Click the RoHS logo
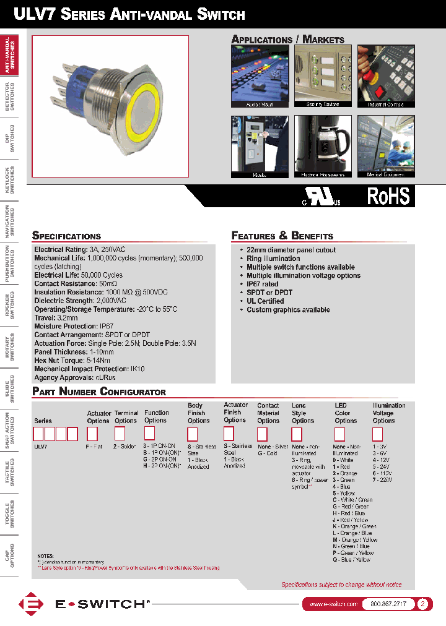coord(388,196)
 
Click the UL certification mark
coord(321,197)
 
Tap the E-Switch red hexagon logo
coord(29,604)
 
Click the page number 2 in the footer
coord(423,604)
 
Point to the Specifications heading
coord(66,236)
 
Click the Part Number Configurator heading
coord(99,392)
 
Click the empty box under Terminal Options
coord(120,434)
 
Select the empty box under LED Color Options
coord(339,434)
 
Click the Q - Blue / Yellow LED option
coord(351,559)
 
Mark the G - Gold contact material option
coord(267,453)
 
